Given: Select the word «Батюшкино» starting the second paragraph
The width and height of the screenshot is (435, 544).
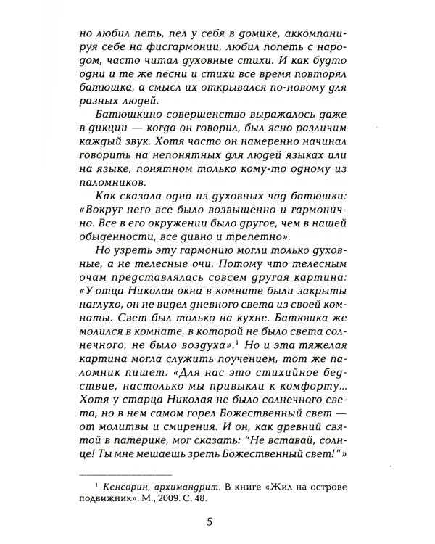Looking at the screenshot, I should pyautogui.click(x=132, y=118).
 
